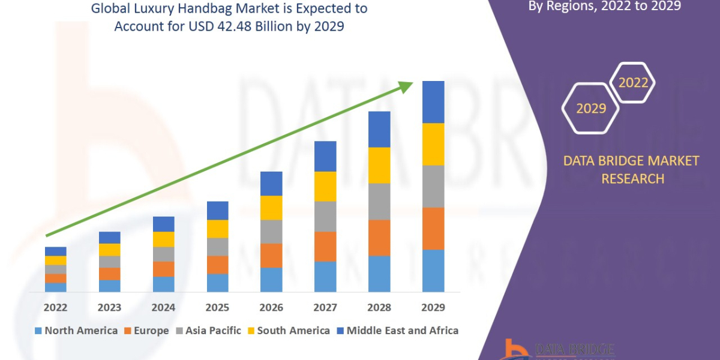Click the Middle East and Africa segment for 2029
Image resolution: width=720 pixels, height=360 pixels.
[x=433, y=102]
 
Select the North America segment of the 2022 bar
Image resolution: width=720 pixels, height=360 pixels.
[x=55, y=287]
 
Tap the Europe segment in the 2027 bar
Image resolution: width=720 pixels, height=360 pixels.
[x=325, y=247]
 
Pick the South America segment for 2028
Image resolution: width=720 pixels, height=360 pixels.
[x=379, y=165]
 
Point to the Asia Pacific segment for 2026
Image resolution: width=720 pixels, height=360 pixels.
[x=271, y=232]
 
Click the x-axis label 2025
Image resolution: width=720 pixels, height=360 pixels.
[x=217, y=308]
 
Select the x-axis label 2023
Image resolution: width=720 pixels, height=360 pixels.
[x=109, y=308]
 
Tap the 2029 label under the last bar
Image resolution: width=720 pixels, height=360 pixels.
[x=433, y=308]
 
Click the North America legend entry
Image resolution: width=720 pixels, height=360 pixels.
[x=76, y=331]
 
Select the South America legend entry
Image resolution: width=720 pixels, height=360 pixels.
[x=288, y=331]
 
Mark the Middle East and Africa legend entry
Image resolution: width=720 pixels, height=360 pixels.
[x=397, y=331]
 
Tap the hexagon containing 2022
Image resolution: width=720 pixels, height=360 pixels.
[x=632, y=83]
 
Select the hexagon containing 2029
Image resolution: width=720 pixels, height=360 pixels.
[x=590, y=109]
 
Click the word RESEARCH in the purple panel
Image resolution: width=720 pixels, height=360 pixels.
[x=632, y=179]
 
